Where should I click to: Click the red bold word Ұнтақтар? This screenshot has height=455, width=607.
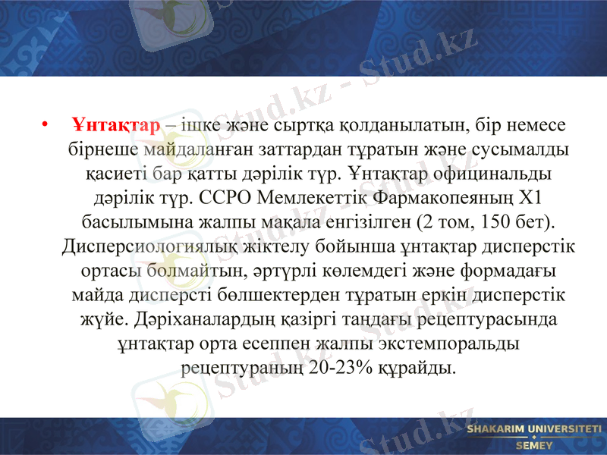116,124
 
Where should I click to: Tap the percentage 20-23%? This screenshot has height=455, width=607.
341,368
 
